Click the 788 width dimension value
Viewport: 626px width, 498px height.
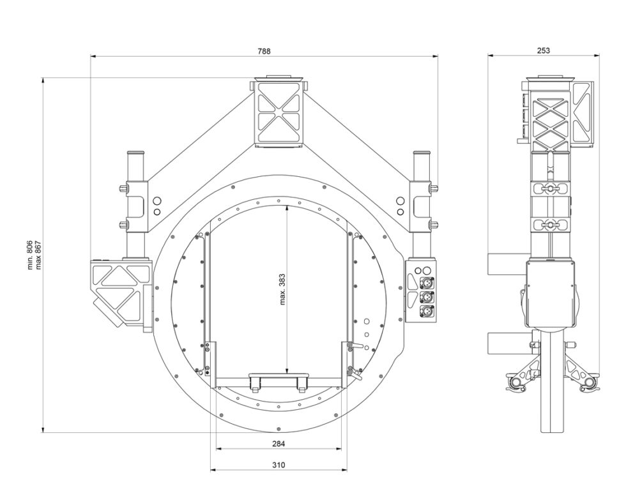tap(264, 51)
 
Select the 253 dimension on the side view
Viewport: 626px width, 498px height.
tap(544, 50)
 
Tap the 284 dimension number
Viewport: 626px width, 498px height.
tap(279, 443)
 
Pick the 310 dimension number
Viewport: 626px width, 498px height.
tap(279, 465)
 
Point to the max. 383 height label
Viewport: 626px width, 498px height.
tap(282, 289)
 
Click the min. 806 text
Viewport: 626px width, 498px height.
tap(31, 255)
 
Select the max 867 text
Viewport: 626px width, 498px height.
tap(38, 255)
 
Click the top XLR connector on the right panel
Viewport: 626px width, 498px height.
tap(427, 283)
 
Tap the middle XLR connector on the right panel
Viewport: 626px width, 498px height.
tap(427, 298)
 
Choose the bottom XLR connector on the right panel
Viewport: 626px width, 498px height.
tap(427, 312)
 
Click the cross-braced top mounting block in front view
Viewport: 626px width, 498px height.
tap(279, 114)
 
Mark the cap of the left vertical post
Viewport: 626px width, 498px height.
tap(135, 153)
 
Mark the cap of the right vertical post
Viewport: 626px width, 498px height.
tap(422, 153)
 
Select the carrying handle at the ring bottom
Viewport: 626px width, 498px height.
tap(279, 382)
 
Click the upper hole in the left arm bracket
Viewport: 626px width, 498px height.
tap(157, 200)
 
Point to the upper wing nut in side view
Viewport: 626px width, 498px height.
tap(550, 188)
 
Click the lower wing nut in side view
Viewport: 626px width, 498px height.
tap(550, 225)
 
